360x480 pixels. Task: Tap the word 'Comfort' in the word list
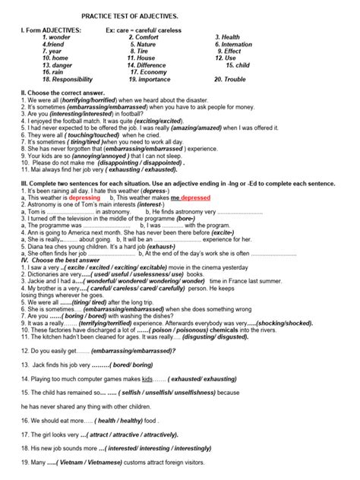[147, 37]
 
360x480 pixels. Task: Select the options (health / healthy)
[116, 420]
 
